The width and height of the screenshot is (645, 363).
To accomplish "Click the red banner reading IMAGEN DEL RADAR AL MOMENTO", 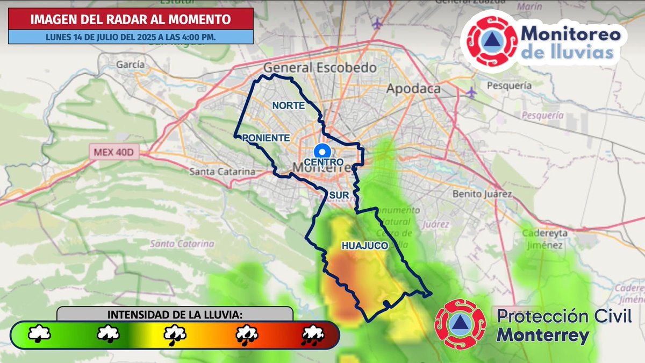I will coord(131,19).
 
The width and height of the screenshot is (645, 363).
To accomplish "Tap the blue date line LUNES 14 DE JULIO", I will coord(131,37).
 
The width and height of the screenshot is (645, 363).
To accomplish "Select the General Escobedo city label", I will coord(319,68).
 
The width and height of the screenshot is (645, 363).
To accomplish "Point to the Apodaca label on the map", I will coord(413,89).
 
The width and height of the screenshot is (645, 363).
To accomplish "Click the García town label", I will coord(130,65).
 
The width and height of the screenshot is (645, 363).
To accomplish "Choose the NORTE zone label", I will coord(288,105).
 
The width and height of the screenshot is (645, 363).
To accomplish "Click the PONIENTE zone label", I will coord(267,138).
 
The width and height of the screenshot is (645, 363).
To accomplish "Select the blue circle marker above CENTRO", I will coord(322,151).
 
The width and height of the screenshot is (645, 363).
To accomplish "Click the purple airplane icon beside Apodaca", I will coord(471,92).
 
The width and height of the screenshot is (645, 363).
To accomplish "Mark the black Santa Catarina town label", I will coord(223,172).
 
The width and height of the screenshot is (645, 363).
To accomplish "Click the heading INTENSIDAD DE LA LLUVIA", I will coord(175,314).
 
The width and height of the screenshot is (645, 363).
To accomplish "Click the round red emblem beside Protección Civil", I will coord(460,324).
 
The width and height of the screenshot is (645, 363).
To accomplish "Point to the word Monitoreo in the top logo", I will coord(571,34).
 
